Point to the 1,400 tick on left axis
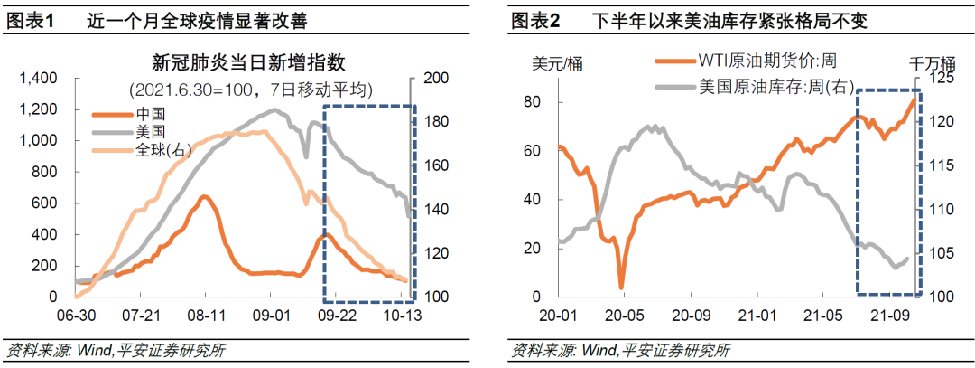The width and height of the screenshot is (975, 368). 39,79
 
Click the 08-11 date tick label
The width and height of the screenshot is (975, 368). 206,318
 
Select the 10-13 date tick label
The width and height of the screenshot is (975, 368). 401,318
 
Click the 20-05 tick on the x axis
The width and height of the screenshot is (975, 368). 621,318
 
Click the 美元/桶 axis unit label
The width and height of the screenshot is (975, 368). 556,63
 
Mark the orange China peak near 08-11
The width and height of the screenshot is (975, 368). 205,196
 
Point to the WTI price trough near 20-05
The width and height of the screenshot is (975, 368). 621,288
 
